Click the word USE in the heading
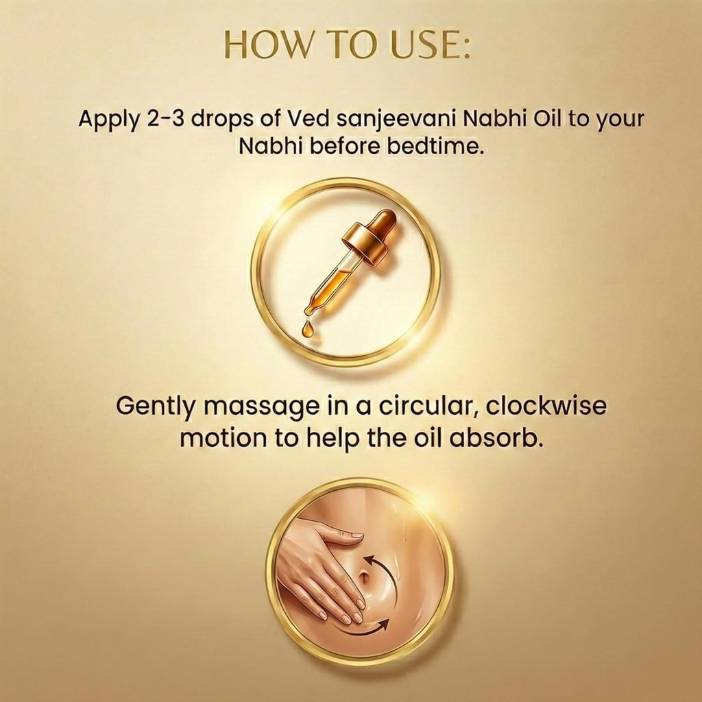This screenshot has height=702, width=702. (429, 45)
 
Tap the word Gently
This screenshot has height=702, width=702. (156, 407)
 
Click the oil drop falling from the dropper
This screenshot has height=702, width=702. (306, 329)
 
